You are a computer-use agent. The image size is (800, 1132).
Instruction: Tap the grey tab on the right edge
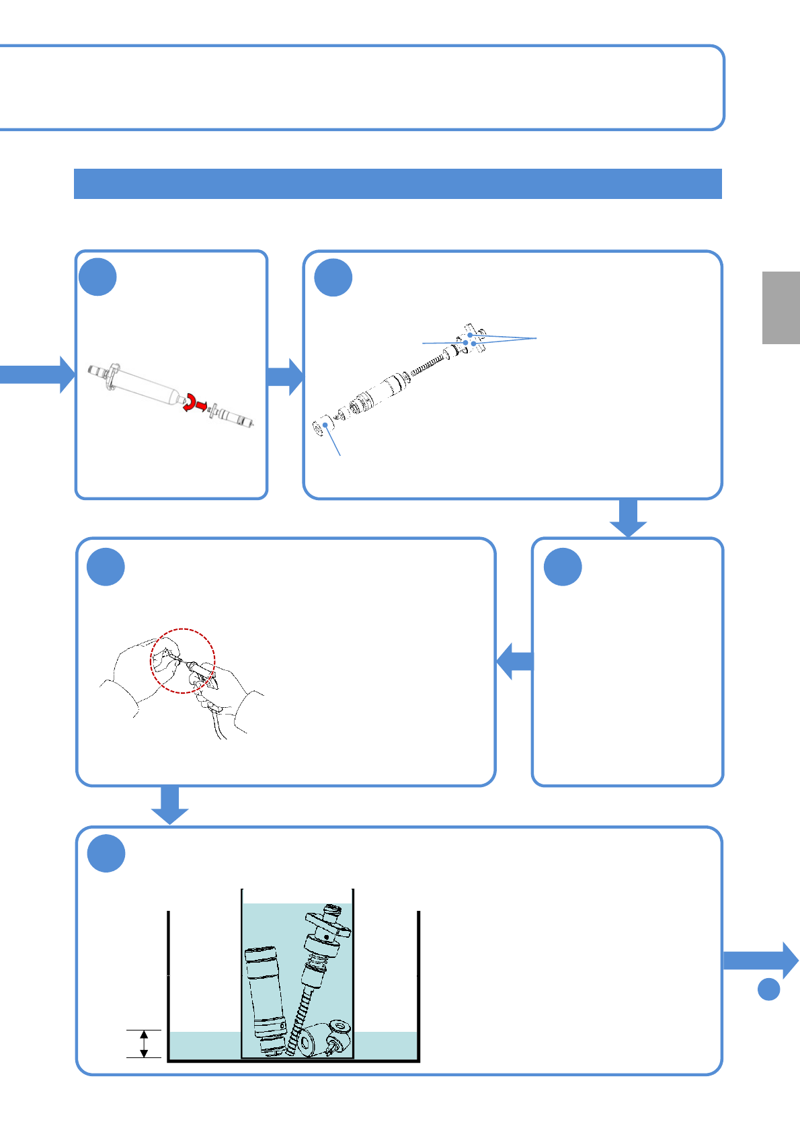[x=781, y=307]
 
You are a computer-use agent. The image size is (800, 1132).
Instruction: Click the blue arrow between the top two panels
[x=286, y=376]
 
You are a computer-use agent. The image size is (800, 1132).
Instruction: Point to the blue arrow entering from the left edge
[x=37, y=374]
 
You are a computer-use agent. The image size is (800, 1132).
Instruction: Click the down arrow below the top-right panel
[x=628, y=518]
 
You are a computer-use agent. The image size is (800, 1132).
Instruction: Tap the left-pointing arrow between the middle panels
[x=515, y=661]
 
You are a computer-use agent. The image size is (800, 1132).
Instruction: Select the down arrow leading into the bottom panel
[x=169, y=805]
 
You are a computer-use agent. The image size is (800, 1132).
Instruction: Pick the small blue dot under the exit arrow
[x=768, y=989]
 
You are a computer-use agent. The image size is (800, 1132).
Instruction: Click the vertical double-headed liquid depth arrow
[x=143, y=1043]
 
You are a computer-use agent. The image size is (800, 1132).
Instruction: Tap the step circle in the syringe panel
[x=97, y=277]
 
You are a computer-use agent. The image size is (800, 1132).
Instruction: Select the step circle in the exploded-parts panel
[x=333, y=278]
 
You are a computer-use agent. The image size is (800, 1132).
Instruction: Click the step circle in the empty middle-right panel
[x=563, y=567]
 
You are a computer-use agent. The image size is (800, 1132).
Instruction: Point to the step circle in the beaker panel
[x=106, y=854]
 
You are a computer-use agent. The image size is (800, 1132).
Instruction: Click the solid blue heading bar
[x=397, y=184]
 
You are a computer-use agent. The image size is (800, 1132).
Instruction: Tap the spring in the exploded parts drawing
[x=428, y=366]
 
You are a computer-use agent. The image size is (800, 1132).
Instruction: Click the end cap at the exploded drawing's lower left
[x=320, y=426]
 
